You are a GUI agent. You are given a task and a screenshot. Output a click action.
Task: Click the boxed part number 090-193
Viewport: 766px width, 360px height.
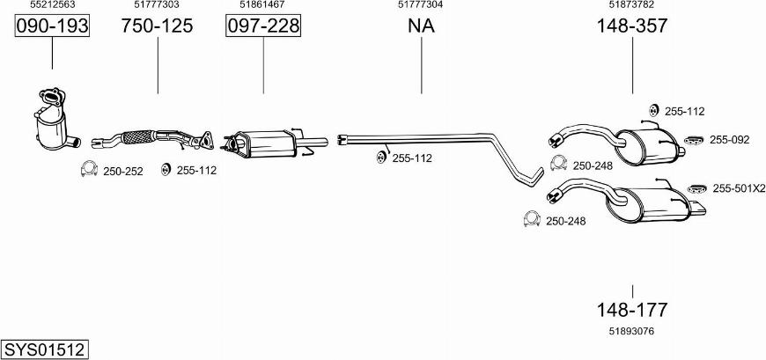pyautogui.click(x=52, y=26)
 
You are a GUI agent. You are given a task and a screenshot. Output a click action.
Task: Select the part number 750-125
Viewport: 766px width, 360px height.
pyautogui.click(x=157, y=26)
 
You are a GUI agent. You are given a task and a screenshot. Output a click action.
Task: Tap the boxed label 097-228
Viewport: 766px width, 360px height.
pyautogui.click(x=263, y=26)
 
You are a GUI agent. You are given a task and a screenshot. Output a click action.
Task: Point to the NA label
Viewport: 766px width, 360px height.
pyautogui.click(x=421, y=26)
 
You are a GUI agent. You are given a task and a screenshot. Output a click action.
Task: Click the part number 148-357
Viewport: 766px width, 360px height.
pyautogui.click(x=631, y=26)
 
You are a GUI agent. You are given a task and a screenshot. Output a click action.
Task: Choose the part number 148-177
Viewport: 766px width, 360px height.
pyautogui.click(x=631, y=310)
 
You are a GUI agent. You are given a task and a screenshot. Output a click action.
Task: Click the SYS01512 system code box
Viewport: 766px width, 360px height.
pyautogui.click(x=45, y=349)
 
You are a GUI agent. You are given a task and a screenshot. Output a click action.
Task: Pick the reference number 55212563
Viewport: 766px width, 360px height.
pyautogui.click(x=52, y=4)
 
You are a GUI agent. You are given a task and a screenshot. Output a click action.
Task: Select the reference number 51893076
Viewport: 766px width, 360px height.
pyautogui.click(x=631, y=331)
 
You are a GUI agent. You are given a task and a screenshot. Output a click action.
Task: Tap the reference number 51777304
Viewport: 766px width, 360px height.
pyautogui.click(x=421, y=4)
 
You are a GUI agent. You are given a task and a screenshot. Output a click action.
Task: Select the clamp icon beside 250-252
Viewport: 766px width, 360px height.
pyautogui.click(x=89, y=168)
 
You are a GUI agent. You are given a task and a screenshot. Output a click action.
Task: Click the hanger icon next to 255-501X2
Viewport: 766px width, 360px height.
pyautogui.click(x=697, y=188)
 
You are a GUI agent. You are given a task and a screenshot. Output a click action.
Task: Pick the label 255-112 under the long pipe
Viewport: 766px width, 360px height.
pyautogui.click(x=412, y=158)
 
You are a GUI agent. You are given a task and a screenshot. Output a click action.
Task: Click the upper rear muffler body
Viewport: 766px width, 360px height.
pyautogui.click(x=646, y=145)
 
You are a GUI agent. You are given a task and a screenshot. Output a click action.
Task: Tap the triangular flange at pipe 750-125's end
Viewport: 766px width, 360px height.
pyautogui.click(x=204, y=140)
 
